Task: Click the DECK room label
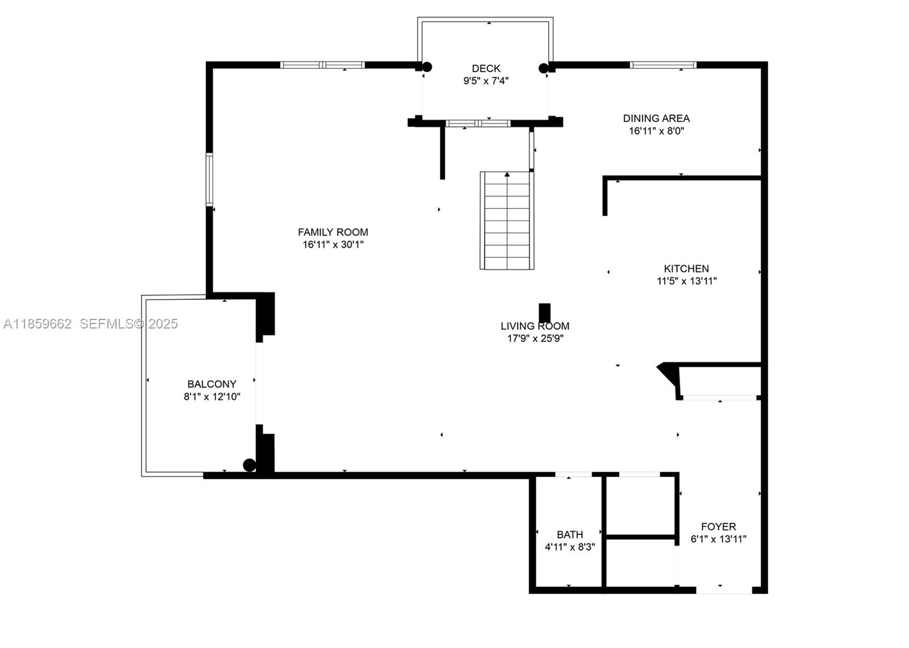click(486, 69)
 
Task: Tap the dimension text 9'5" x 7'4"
click(486, 81)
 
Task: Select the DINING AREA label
click(656, 119)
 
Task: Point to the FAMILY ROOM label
click(333, 232)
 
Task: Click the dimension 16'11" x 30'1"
click(333, 245)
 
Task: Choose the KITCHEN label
click(686, 269)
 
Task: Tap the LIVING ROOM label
click(535, 326)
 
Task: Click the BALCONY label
click(212, 384)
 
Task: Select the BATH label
click(570, 535)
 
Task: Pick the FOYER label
click(718, 527)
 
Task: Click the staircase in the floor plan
click(507, 221)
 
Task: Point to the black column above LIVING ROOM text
click(544, 313)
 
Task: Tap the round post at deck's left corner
click(427, 67)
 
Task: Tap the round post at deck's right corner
click(544, 69)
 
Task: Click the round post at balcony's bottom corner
click(249, 465)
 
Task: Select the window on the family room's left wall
click(209, 179)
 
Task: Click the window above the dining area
click(663, 65)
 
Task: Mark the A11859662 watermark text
click(37, 324)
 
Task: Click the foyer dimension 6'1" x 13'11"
click(718, 539)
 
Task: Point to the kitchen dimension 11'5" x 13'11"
click(686, 281)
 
